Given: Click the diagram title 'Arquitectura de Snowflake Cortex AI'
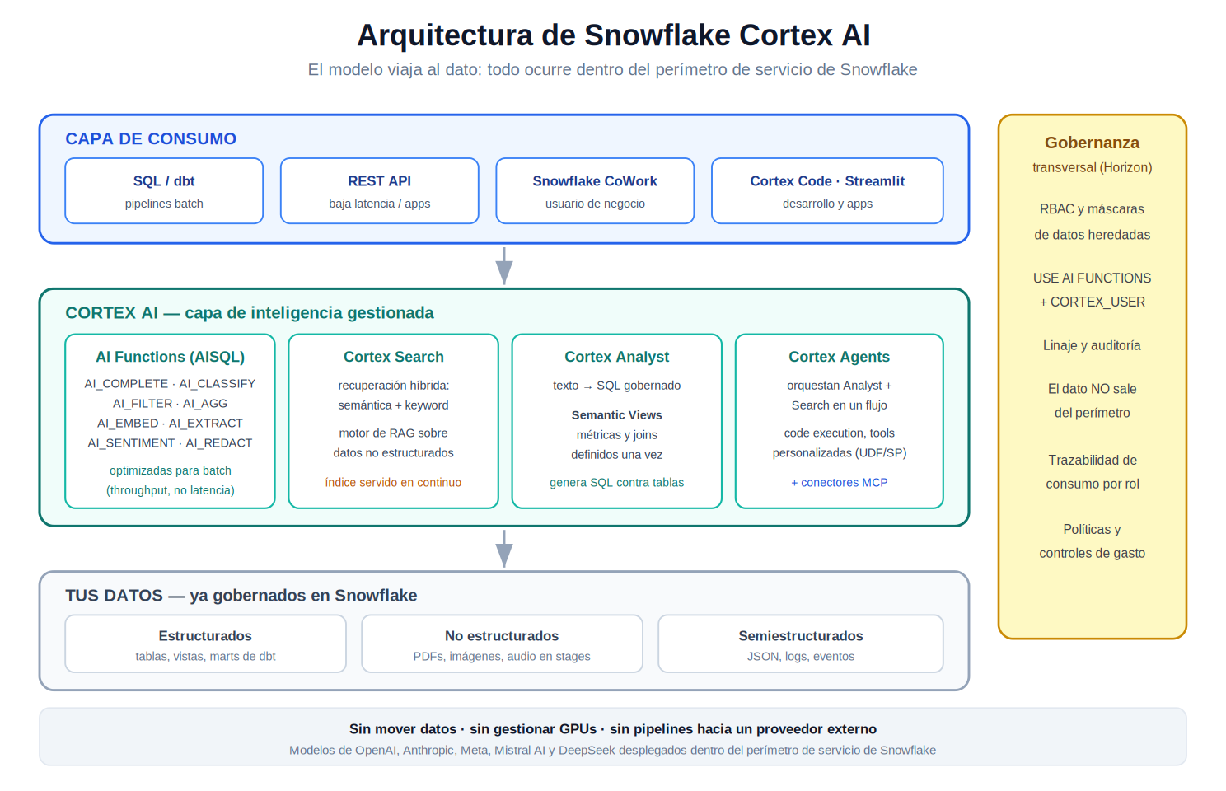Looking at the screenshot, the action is click(x=613, y=35).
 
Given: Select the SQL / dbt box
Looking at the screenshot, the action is click(x=164, y=190).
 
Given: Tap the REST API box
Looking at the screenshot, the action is click(x=379, y=190).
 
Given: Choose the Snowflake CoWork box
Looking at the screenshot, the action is click(x=595, y=190).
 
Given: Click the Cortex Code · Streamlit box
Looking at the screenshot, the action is click(x=827, y=190).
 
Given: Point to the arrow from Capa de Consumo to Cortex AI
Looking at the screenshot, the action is click(x=504, y=266).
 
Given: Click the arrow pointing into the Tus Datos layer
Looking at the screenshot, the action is click(x=504, y=549).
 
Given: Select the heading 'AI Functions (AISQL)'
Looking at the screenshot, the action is click(x=171, y=357).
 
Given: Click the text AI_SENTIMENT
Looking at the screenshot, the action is click(x=131, y=442).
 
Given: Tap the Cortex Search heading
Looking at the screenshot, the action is click(x=394, y=357).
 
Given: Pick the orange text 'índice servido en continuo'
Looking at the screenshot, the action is click(x=393, y=482).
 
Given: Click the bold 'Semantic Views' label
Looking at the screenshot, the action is click(x=617, y=415).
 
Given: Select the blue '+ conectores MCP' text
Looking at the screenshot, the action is click(x=839, y=482).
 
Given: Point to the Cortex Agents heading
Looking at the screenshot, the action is click(x=839, y=357).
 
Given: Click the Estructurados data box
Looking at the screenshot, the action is click(x=205, y=644).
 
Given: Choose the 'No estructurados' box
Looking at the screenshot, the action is click(x=502, y=644).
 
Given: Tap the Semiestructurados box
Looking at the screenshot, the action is click(x=801, y=644).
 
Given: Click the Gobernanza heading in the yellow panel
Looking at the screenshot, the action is click(x=1092, y=143).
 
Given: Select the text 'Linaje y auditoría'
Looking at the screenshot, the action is click(x=1092, y=345).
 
